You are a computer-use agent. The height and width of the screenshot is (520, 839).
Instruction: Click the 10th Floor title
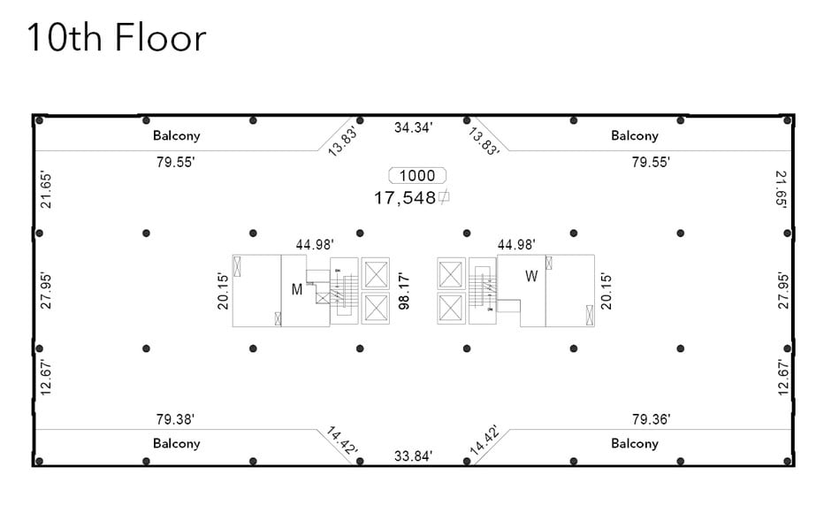click(x=116, y=38)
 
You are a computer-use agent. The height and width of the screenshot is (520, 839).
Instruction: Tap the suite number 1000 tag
click(x=418, y=176)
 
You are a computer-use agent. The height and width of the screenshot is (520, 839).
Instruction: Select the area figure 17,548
click(x=406, y=198)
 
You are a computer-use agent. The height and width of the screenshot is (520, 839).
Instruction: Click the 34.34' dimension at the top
click(x=413, y=128)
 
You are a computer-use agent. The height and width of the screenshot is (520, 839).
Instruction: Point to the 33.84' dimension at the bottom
click(x=413, y=456)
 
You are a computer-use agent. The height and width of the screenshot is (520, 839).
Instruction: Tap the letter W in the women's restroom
click(x=531, y=277)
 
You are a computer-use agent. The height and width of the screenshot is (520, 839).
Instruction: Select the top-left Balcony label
click(x=177, y=135)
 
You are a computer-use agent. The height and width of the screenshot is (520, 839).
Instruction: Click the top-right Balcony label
click(x=635, y=135)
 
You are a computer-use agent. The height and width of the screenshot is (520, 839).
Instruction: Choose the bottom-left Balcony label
click(x=177, y=443)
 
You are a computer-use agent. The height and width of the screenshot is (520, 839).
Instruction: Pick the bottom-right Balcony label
click(x=635, y=443)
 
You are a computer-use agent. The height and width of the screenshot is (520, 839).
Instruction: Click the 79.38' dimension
click(x=175, y=419)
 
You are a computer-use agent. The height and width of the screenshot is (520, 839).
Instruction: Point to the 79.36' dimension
click(x=651, y=419)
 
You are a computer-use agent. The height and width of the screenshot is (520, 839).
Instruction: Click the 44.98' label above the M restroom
click(x=315, y=245)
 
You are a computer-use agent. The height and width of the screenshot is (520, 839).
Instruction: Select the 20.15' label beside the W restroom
click(x=606, y=290)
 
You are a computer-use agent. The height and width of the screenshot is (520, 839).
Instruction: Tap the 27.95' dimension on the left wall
click(x=47, y=290)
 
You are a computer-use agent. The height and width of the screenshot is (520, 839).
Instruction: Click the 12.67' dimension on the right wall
click(x=782, y=378)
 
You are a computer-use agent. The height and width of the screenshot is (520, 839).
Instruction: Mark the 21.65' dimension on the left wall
click(x=47, y=189)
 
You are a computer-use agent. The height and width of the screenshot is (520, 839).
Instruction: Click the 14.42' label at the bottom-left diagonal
click(x=343, y=441)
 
